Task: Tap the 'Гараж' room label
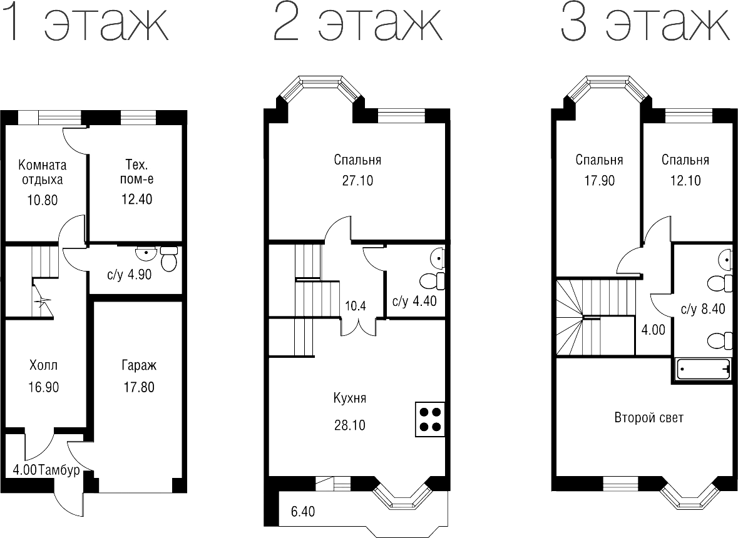(x=138, y=365)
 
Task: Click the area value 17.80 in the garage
(x=138, y=387)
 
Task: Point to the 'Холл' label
(x=43, y=365)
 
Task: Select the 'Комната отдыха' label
(x=43, y=173)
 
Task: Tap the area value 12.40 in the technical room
(x=136, y=200)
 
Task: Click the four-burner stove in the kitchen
(x=430, y=419)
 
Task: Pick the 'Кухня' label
(x=350, y=399)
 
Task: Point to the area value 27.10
(x=357, y=181)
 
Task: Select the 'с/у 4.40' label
(x=414, y=302)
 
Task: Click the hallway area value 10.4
(x=356, y=306)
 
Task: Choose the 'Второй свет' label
(x=648, y=418)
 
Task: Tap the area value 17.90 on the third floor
(x=599, y=181)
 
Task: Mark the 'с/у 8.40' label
(x=702, y=308)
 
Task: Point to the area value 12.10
(x=685, y=181)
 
